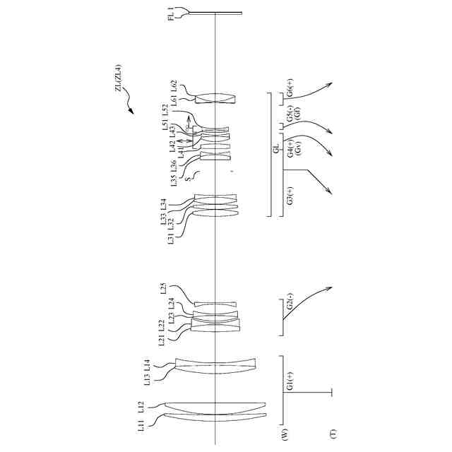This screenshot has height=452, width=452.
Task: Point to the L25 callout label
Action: click(x=163, y=287)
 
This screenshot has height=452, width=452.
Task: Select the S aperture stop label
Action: click(x=188, y=179)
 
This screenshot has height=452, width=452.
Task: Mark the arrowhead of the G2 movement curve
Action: click(x=331, y=286)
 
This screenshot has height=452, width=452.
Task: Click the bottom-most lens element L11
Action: click(x=215, y=418)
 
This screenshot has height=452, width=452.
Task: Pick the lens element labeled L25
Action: click(x=215, y=304)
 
